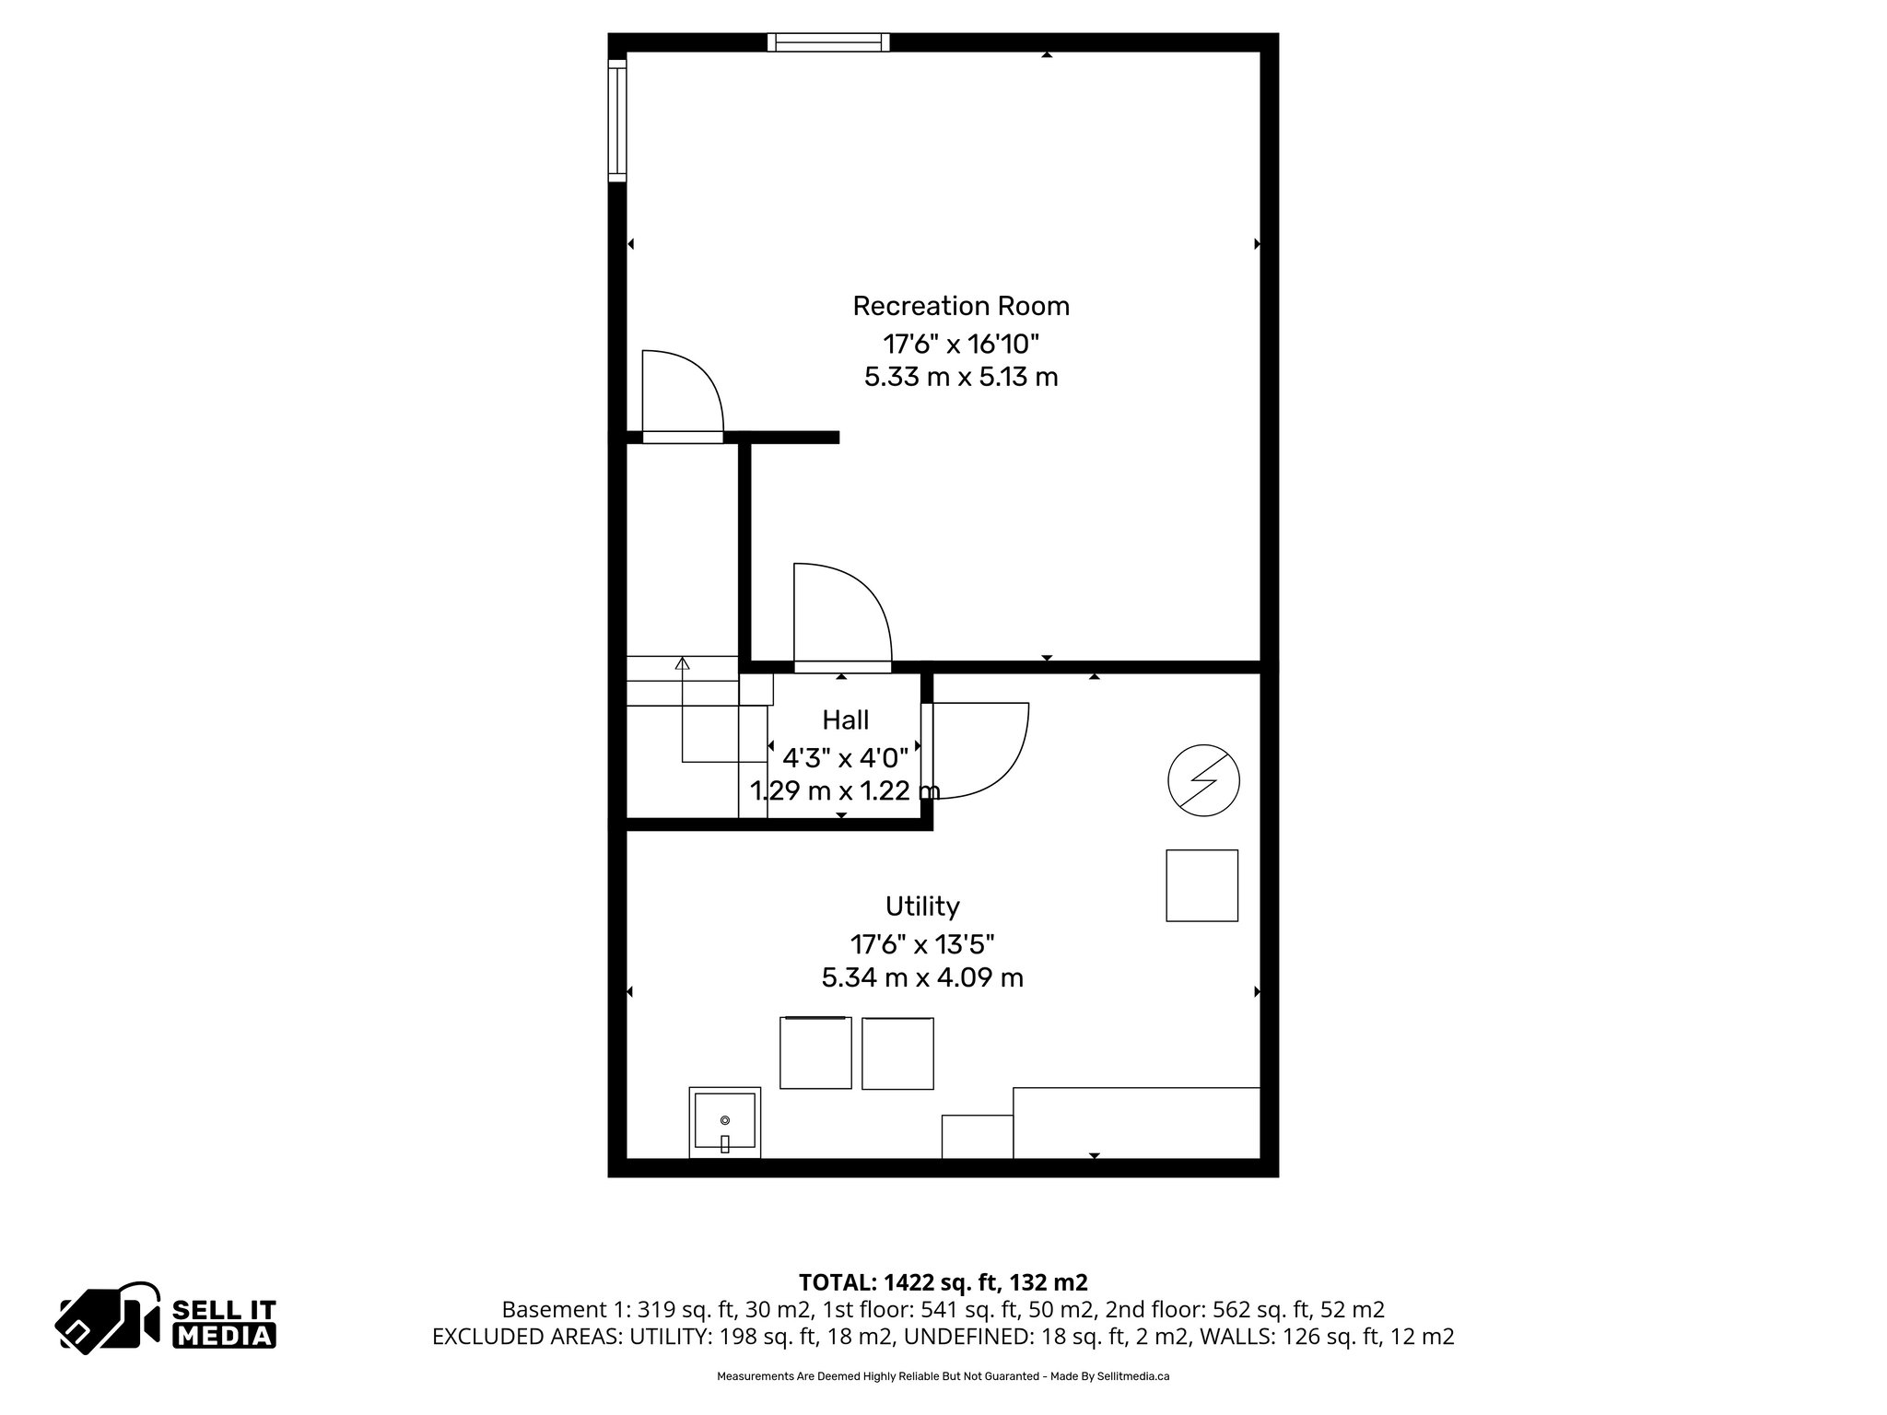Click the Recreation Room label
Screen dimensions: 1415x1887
pos(960,306)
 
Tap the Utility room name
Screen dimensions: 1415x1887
pos(922,906)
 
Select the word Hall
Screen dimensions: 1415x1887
pos(845,719)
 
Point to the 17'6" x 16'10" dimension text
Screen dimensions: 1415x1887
pos(961,345)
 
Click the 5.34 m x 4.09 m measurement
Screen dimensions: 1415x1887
pos(922,977)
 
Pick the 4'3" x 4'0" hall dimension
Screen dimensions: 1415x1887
pos(845,758)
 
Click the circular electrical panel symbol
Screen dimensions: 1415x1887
pos(1202,781)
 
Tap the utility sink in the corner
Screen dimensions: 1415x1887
pos(725,1122)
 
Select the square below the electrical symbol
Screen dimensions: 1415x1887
pos(1201,885)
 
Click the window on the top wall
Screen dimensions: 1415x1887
pos(828,42)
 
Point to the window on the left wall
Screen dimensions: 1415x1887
pos(617,120)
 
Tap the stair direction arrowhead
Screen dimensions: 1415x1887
pos(683,663)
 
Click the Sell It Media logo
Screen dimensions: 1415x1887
pos(167,1316)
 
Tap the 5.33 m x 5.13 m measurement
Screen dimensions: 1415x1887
pos(961,378)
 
